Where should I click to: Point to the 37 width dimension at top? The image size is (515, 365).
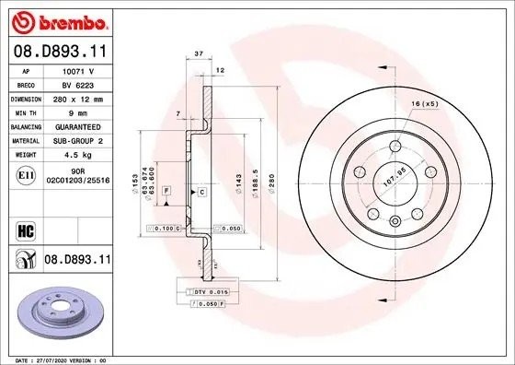point(197,53)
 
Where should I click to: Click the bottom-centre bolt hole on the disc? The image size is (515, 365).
point(394,219)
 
